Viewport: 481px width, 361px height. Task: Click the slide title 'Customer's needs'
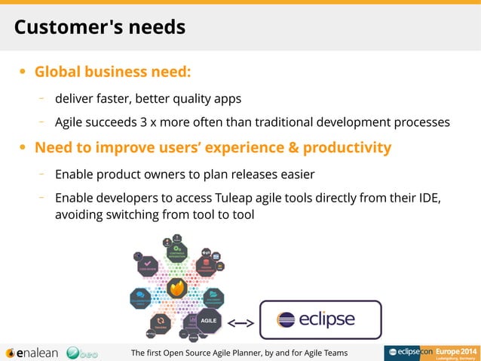(100, 28)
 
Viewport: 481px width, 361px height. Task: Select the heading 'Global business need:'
(113, 73)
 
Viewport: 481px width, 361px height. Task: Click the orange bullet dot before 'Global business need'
(23, 73)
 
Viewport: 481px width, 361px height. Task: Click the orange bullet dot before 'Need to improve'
(23, 148)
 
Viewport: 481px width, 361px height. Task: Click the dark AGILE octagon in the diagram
(209, 319)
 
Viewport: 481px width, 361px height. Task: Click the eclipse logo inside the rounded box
(316, 320)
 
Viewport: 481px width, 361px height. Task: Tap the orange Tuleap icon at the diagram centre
(176, 288)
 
